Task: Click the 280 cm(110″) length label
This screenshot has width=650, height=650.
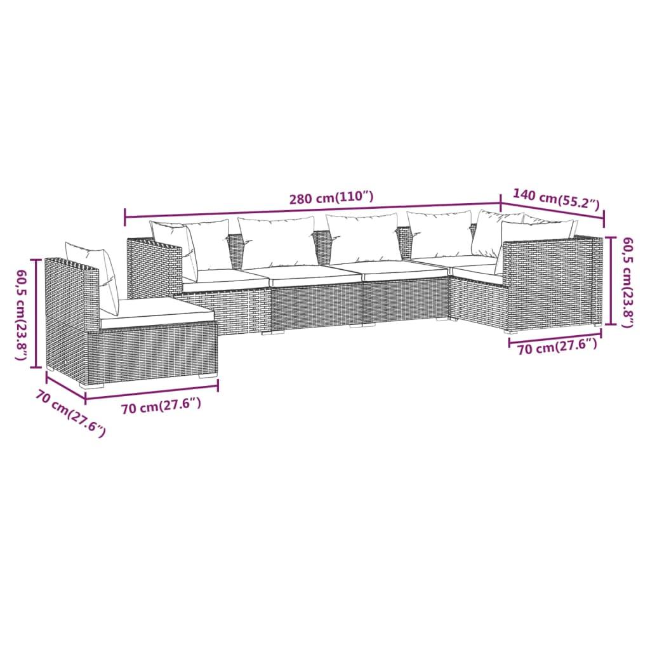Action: coord(331,197)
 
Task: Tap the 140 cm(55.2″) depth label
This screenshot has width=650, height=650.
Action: coord(556,199)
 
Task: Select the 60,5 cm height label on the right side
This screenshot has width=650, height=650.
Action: coord(628,282)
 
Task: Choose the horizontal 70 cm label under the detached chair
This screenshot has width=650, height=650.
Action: coord(161,407)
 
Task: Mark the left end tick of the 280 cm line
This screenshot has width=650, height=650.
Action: coord(125,218)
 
